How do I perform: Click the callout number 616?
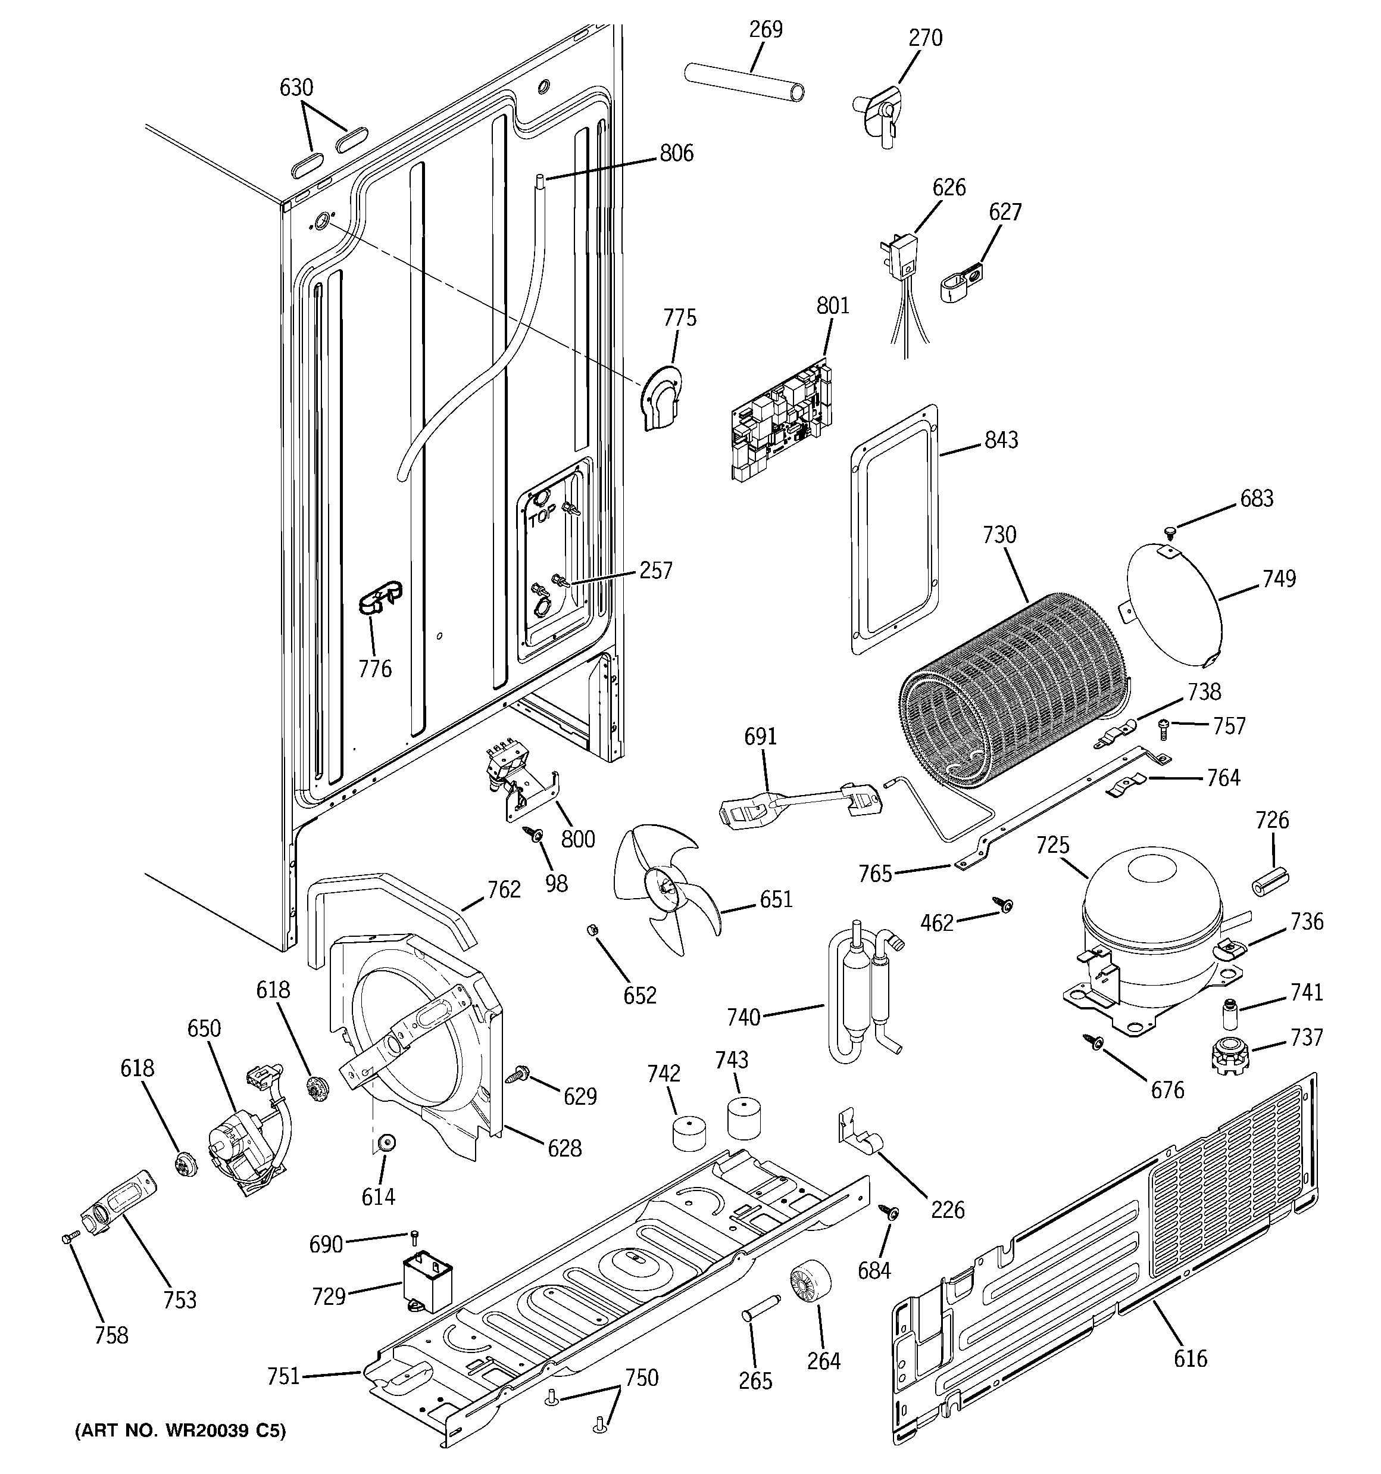pyautogui.click(x=1191, y=1358)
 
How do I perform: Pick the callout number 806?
pyautogui.click(x=676, y=154)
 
